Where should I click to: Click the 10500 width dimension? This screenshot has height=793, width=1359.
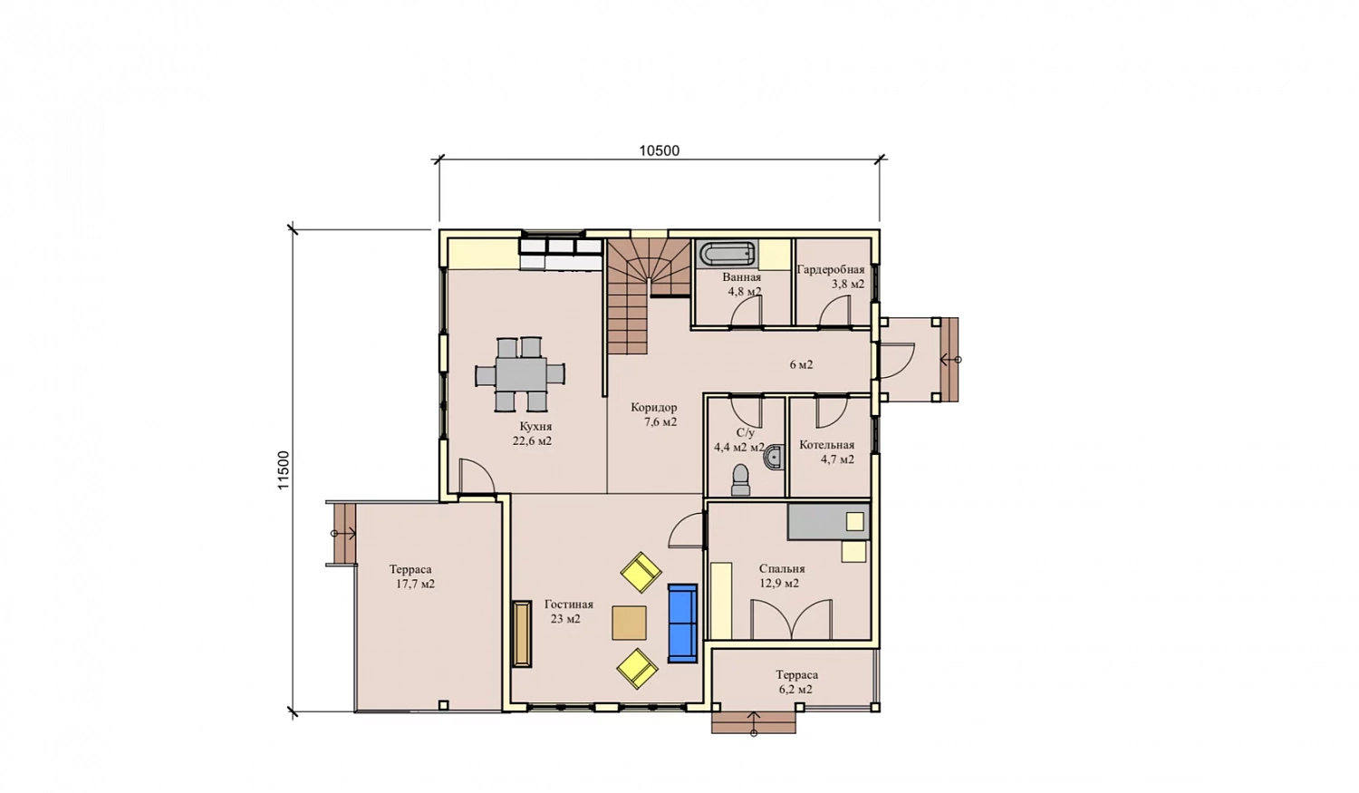coord(659,150)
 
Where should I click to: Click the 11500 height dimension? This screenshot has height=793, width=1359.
coord(284,470)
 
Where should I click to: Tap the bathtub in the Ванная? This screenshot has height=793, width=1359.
coord(726,254)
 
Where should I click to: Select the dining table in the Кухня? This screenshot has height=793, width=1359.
coord(520,373)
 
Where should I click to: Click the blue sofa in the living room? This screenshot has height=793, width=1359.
coord(682,624)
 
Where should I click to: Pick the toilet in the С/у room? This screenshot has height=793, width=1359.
coord(741,480)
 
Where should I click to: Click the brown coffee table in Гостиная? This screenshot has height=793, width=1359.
coord(629,623)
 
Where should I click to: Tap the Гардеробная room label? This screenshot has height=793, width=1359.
coord(831,269)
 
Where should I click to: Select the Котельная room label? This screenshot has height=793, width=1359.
coord(826,445)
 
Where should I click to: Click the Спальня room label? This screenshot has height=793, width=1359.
coord(782,568)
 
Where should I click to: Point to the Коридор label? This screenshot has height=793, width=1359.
coord(653,407)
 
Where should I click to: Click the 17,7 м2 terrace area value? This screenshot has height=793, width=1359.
coord(415,585)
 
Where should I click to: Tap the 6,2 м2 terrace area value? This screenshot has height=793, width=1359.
coord(795,690)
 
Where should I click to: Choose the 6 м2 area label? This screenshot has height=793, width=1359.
coord(801,364)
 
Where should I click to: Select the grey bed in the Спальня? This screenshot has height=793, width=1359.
coord(829,521)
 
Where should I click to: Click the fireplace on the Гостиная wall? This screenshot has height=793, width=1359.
coord(522,634)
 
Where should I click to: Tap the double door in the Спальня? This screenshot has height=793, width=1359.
coord(791,619)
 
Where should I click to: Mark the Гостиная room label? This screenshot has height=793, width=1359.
coord(568,604)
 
